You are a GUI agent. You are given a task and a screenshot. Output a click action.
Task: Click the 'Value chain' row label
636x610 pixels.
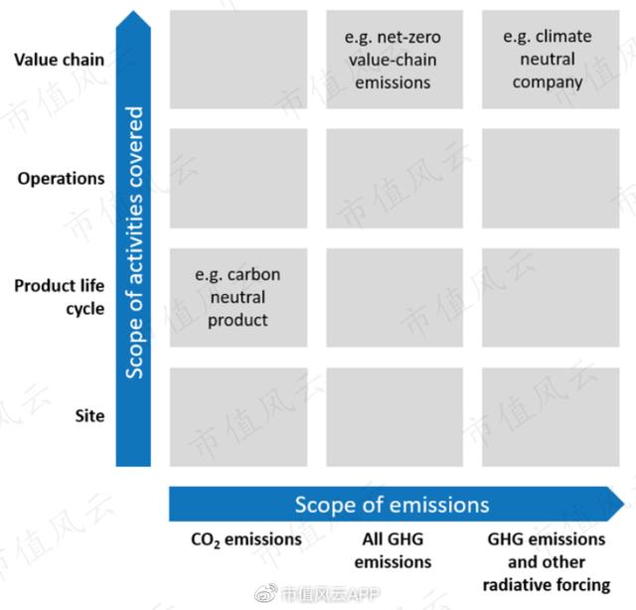tap(60, 60)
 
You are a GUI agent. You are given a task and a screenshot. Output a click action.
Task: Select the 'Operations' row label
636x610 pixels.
tap(61, 179)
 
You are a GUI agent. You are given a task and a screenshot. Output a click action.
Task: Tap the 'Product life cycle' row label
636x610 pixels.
tap(60, 297)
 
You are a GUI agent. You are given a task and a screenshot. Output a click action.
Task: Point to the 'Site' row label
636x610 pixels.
tap(89, 415)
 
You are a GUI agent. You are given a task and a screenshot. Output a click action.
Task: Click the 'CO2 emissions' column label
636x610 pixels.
tap(246, 539)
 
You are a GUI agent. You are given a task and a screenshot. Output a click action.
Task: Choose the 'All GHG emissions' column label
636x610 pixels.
tap(393, 550)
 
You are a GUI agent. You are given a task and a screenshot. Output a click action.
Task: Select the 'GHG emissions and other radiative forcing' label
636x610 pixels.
tap(547, 561)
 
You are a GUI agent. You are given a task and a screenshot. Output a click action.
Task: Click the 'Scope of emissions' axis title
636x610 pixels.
tap(392, 505)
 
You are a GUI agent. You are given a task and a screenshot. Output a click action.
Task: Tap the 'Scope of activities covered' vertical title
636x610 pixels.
tap(134, 242)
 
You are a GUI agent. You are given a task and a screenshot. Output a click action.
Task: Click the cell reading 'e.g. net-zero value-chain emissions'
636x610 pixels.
tap(395, 60)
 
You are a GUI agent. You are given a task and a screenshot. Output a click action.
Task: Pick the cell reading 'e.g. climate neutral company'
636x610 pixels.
tap(551, 60)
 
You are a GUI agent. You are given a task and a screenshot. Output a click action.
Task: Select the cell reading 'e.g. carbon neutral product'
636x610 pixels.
tap(238, 297)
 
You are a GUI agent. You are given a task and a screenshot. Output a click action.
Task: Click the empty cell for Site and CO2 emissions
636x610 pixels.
tap(238, 417)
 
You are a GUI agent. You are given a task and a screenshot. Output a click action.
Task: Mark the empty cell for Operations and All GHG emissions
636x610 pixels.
tap(395, 179)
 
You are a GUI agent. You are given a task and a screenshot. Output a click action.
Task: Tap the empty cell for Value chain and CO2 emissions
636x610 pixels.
tap(238, 60)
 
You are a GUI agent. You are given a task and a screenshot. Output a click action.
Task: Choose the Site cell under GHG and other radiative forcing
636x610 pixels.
tap(551, 417)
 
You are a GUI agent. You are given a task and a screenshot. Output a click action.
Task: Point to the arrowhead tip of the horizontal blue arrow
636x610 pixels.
tap(624, 504)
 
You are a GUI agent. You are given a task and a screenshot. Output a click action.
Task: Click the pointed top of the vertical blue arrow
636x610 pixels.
tap(133, 11)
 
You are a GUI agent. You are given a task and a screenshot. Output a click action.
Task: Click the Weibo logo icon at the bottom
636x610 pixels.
tap(266, 594)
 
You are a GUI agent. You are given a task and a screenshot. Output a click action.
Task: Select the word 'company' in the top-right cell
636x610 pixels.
tap(548, 82)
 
